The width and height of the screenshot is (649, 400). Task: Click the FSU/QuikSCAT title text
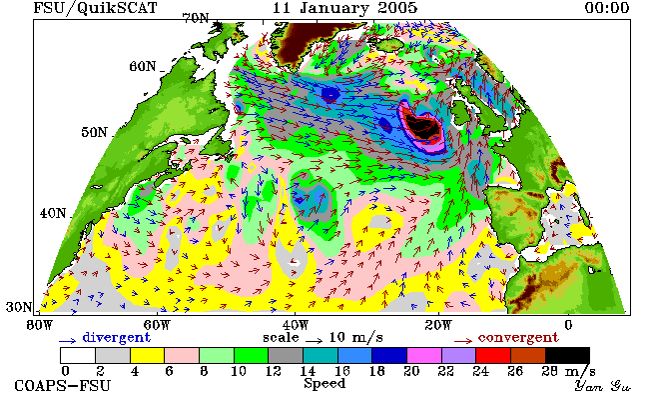[x=95, y=8]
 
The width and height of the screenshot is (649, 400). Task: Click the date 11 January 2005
[x=344, y=8]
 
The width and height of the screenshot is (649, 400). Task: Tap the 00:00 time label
[x=607, y=8]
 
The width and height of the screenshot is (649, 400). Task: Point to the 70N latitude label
[x=196, y=18]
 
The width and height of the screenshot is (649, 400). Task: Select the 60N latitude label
[x=143, y=66]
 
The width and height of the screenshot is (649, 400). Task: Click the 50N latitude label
[x=94, y=132]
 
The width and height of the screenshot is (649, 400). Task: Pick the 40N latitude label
[x=53, y=213]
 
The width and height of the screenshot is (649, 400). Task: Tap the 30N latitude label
[x=19, y=307]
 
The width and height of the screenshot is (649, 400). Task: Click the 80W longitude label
[x=39, y=325]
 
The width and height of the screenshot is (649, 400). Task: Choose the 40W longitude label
[x=296, y=325]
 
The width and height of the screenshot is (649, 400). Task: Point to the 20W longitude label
[x=438, y=325]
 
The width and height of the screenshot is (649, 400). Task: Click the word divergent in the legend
[x=116, y=337]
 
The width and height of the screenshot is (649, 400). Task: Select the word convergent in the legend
[x=518, y=337]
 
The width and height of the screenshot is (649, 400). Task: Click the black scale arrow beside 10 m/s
[x=315, y=341]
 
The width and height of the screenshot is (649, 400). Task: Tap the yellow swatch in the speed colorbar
[x=147, y=355]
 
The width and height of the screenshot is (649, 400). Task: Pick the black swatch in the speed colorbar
[x=567, y=355]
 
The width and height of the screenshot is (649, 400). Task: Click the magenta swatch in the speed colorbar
[x=423, y=355]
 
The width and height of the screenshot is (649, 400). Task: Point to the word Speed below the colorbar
[x=324, y=383]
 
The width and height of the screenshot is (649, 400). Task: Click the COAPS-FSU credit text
[x=63, y=385]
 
